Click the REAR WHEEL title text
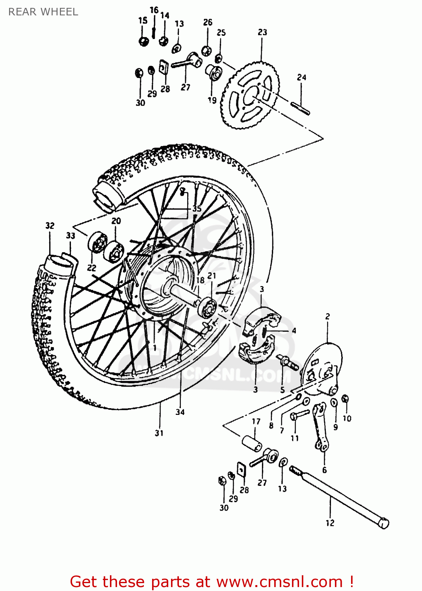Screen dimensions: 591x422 pos(43,12)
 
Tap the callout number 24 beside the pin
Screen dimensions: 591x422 pos(301,77)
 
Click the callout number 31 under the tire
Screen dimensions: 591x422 pos(159,433)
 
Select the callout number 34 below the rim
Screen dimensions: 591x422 pos(180,412)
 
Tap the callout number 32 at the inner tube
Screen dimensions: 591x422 pos(50,225)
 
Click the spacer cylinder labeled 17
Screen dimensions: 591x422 pos(252,444)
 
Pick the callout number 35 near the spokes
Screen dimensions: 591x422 pos(197,208)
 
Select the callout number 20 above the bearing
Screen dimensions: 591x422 pos(116,221)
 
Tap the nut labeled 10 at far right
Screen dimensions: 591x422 pos(345,399)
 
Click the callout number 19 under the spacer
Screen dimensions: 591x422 pos(212,100)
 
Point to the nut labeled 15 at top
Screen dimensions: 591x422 pos(144,41)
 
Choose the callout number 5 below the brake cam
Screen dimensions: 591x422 pos(282,390)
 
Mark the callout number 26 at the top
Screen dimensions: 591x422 pos(208,22)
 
